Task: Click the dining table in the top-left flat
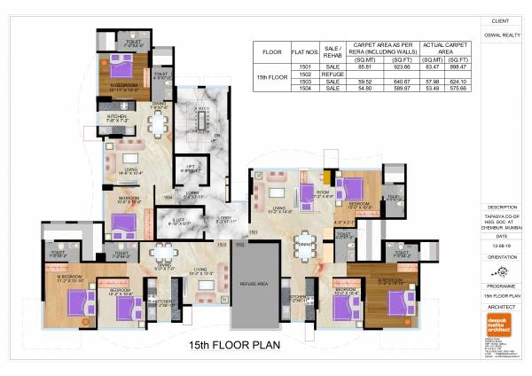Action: (x=158, y=125)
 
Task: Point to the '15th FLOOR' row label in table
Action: (x=271, y=77)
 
